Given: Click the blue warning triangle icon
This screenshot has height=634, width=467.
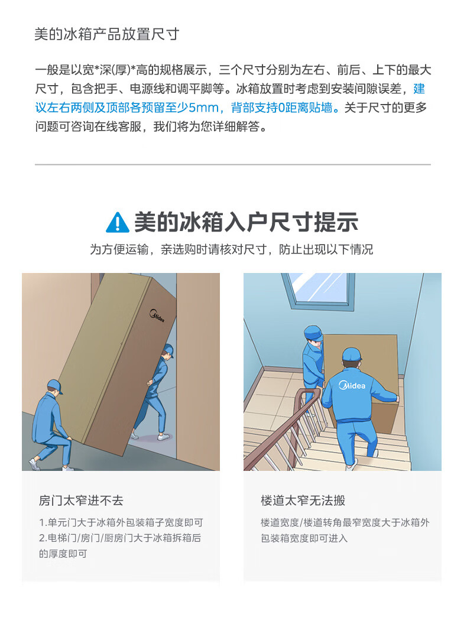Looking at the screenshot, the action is pyautogui.click(x=118, y=222).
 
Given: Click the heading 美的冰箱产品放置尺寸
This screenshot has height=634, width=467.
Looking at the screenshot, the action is pyautogui.click(x=107, y=34).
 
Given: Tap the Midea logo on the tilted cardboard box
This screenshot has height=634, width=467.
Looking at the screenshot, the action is pyautogui.click(x=157, y=316).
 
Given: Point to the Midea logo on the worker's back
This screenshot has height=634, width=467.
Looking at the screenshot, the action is pyautogui.click(x=352, y=385).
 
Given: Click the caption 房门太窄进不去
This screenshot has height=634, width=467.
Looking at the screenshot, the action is pyautogui.click(x=81, y=500).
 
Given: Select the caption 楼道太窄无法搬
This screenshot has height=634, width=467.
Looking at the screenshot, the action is pyautogui.click(x=303, y=500).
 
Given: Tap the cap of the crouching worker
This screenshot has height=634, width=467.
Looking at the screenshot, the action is pyautogui.click(x=54, y=385).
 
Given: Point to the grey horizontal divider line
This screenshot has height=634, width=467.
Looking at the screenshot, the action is pyautogui.click(x=233, y=165).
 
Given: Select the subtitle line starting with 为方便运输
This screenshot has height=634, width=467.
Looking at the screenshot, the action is pyautogui.click(x=232, y=249).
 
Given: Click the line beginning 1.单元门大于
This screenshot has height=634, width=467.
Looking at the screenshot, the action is pyautogui.click(x=121, y=522).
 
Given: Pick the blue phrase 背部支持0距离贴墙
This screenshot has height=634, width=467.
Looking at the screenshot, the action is pyautogui.click(x=281, y=108).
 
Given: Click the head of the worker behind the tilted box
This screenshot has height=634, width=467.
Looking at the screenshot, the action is pyautogui.click(x=167, y=353).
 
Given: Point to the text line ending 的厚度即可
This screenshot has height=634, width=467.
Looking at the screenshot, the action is pyautogui.click(x=63, y=554).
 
